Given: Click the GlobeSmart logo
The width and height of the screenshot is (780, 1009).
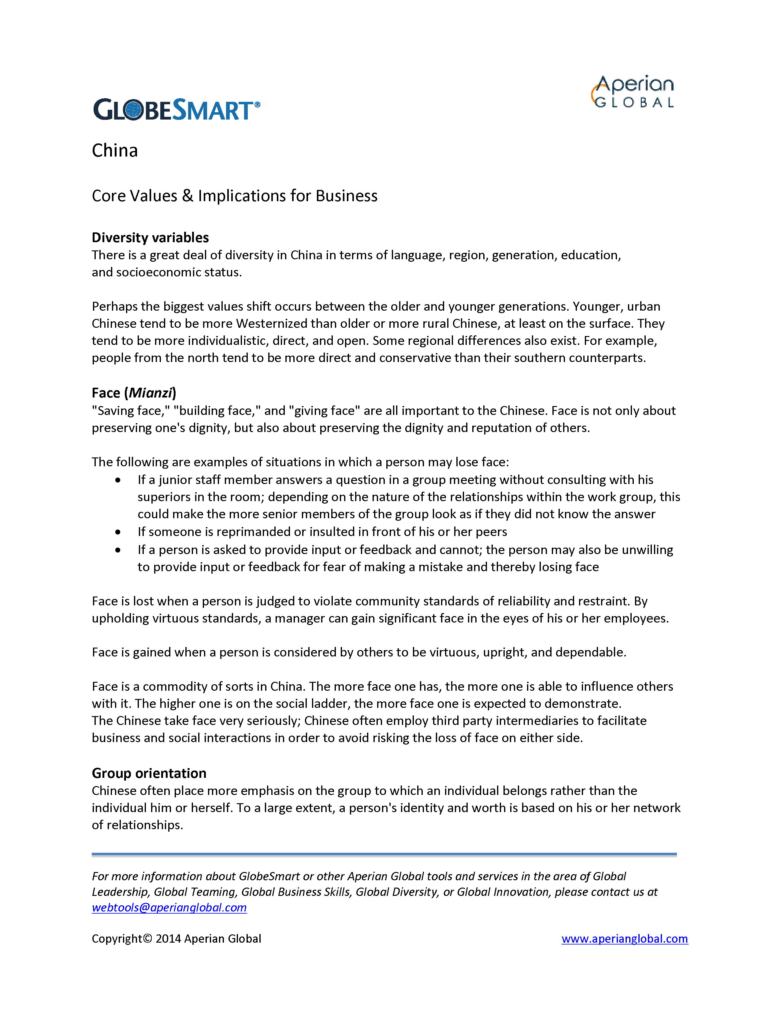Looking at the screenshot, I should pyautogui.click(x=176, y=110).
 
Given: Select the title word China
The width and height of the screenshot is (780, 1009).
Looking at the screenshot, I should pyautogui.click(x=115, y=151).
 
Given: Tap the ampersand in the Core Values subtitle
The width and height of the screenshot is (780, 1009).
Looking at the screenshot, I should pyautogui.click(x=187, y=196).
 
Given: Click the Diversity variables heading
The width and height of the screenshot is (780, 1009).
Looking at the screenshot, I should pyautogui.click(x=150, y=238).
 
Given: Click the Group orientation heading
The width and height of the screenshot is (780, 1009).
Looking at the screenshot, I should pyautogui.click(x=149, y=773).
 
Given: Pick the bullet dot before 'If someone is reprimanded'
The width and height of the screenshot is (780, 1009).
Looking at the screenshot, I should pyautogui.click(x=118, y=532).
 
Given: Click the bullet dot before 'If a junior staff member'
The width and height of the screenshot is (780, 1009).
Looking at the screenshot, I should pyautogui.click(x=118, y=480).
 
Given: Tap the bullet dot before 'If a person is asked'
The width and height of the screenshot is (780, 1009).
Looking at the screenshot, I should pyautogui.click(x=118, y=550).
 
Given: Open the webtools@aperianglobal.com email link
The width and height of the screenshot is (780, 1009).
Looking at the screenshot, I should pyautogui.click(x=169, y=907).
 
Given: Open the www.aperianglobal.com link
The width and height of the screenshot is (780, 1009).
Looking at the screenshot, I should pyautogui.click(x=624, y=939).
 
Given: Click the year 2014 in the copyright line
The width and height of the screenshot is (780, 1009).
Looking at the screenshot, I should pyautogui.click(x=168, y=939).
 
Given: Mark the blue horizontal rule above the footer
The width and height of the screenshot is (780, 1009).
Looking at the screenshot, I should pyautogui.click(x=384, y=855).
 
